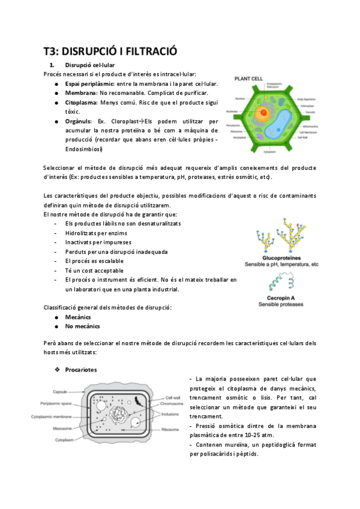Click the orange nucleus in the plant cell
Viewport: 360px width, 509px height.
[x=262, y=112]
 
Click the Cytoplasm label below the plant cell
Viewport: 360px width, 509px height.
[x=268, y=153]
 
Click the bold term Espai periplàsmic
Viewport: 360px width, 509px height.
[x=89, y=83]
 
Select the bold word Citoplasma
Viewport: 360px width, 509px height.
[x=83, y=103]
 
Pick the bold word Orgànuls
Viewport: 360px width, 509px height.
[x=80, y=121]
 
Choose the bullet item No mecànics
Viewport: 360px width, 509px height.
[x=83, y=327]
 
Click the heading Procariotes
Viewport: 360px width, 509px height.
[x=82, y=369]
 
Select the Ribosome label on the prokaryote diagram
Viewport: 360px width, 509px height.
[x=170, y=429]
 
